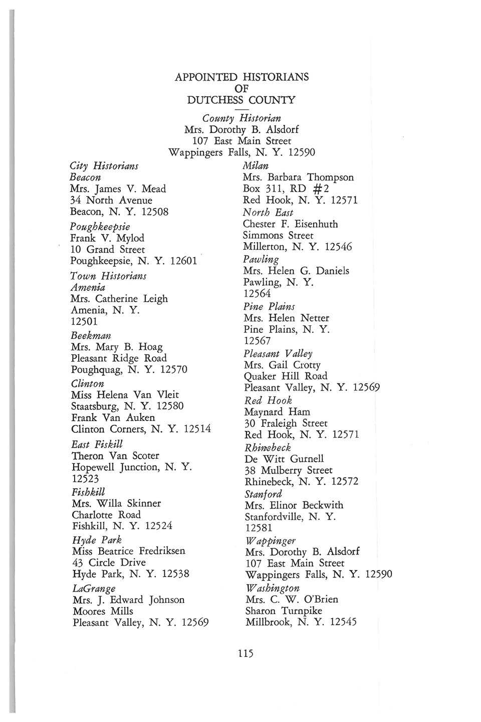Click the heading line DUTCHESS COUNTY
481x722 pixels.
click(x=241, y=100)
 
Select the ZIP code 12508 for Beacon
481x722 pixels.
click(x=154, y=212)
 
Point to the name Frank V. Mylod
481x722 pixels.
click(x=107, y=238)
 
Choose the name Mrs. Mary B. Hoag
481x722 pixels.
click(x=117, y=346)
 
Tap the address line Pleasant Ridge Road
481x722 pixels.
click(x=119, y=358)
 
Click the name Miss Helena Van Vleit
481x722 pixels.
click(x=125, y=395)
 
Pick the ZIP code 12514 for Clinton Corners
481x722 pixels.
click(x=197, y=429)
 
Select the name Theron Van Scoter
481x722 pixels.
click(x=115, y=456)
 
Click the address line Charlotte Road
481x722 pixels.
click(x=106, y=514)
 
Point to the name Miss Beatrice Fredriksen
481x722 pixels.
click(x=129, y=551)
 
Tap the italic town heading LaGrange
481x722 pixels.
click(x=94, y=588)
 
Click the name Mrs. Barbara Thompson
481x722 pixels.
click(x=298, y=177)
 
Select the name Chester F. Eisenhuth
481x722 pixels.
click(x=290, y=224)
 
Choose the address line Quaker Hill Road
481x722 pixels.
click(x=286, y=376)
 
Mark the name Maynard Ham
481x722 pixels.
click(x=277, y=412)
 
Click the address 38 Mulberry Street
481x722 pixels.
click(x=288, y=470)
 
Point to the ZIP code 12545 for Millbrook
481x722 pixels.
click(x=341, y=622)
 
